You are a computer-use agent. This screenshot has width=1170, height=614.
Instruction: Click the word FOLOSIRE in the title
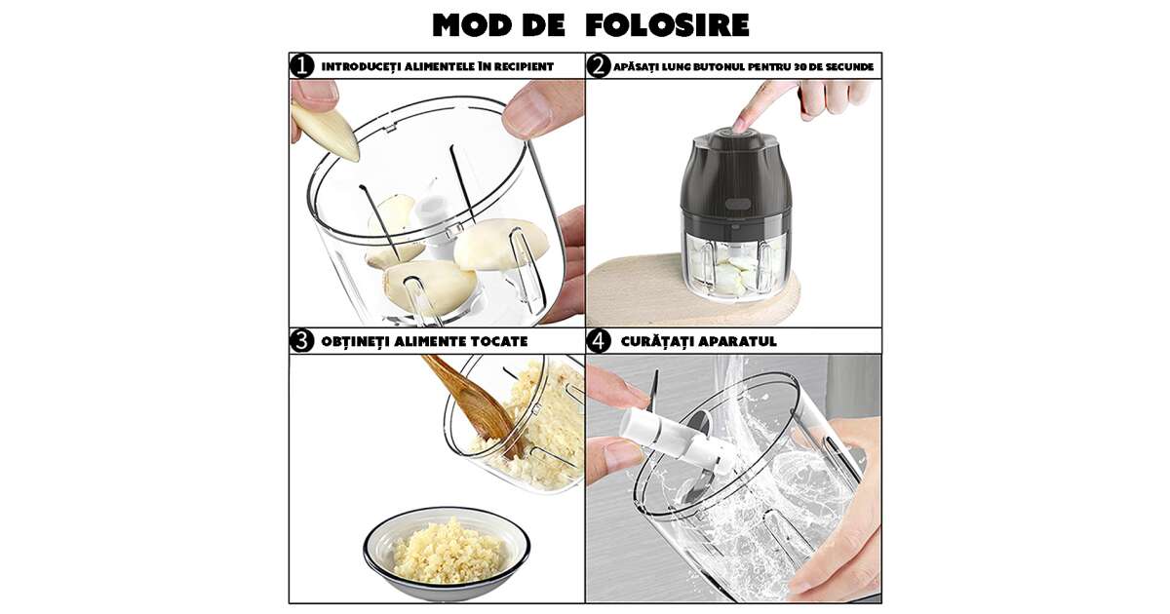[x=667, y=25]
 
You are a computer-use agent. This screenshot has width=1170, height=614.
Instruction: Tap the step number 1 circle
[x=302, y=66]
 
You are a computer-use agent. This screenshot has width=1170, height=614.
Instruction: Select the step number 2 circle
[x=599, y=66]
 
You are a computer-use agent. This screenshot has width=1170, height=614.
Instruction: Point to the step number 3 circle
[x=302, y=341]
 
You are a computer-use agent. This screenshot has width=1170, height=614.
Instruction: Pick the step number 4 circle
[x=599, y=341]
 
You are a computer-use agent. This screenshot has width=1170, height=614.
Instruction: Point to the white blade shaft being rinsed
[x=674, y=439]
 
